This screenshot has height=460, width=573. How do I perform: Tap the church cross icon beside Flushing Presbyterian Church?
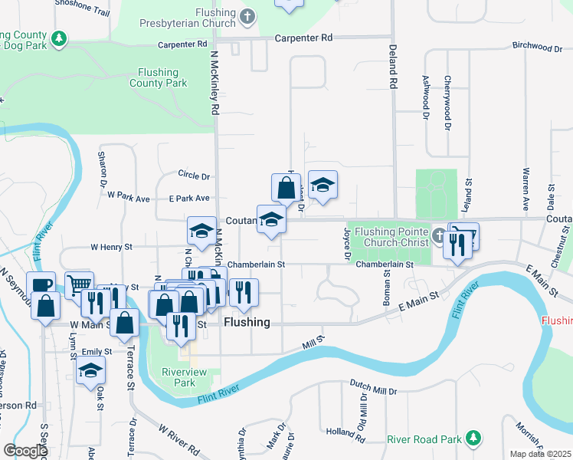coord(247,15)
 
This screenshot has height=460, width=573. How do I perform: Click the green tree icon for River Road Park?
coord(474,438)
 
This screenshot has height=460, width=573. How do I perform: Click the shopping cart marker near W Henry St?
coord(80,284)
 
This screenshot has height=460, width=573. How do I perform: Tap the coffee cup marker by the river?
coord(42,284)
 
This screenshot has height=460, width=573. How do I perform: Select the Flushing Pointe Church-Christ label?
coord(391,237)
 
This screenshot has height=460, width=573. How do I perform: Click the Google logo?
coord(25,451)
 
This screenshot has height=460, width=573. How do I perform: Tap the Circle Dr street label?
coord(193,176)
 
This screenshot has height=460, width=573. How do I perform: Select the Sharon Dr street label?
coord(102,169)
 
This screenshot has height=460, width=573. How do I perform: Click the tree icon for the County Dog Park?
coord(58,38)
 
